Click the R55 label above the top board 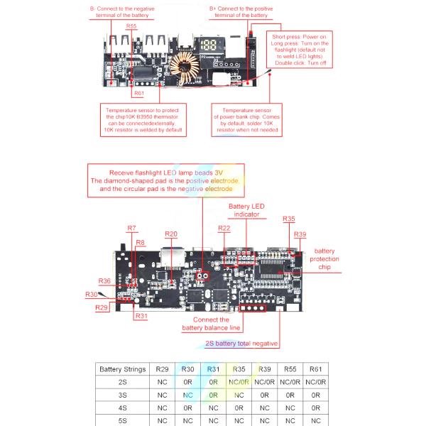131,26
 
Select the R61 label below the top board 138,93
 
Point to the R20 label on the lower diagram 171,234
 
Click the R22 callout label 224,228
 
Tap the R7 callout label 131,228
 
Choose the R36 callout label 104,281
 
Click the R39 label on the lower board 300,234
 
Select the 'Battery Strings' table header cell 123,369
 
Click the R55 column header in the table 290,369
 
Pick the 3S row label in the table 123,395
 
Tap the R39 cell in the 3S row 264,395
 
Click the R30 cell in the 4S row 188,408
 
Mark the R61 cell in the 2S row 316,382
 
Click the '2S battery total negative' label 241,343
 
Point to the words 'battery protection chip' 324,259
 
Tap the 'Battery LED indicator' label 246,210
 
